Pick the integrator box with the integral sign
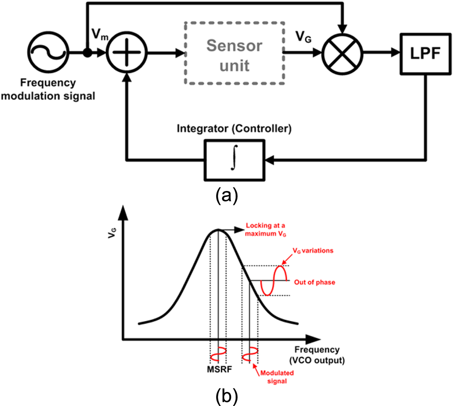(x=234, y=159)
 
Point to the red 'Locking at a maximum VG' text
(x=267, y=230)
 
